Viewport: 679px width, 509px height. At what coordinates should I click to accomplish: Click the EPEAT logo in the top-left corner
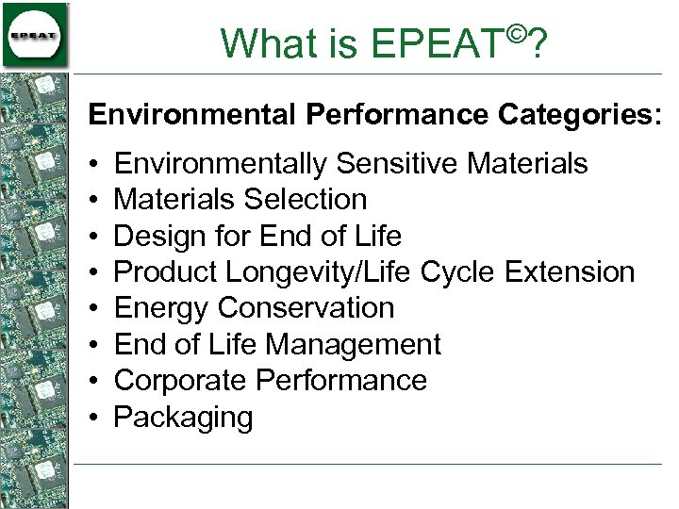[x=35, y=35]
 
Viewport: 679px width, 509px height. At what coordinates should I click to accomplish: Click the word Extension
[x=570, y=272]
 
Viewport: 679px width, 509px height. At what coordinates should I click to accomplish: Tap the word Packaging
[x=183, y=418]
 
